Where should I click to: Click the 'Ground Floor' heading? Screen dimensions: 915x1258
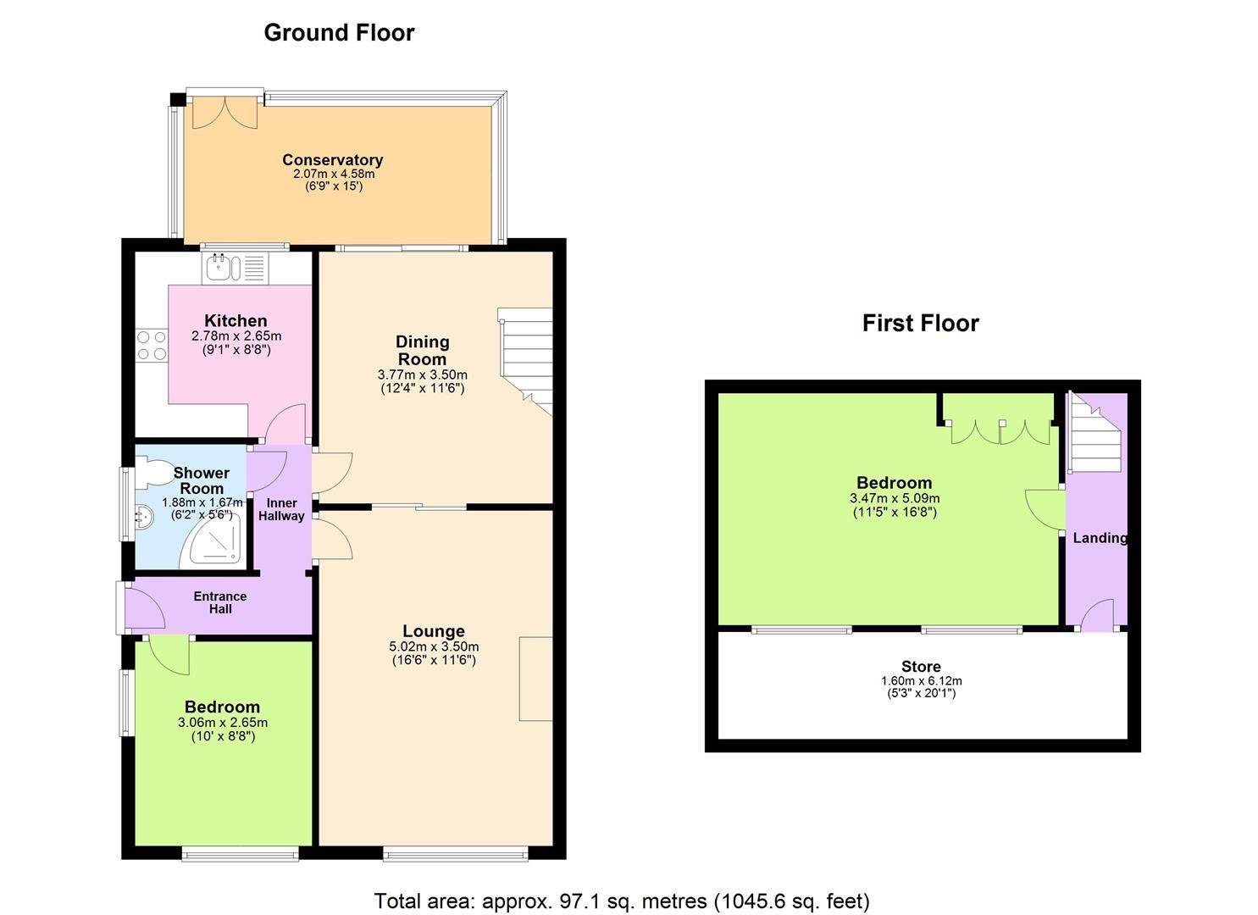point(339,33)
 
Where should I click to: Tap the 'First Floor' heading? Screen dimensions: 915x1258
point(920,323)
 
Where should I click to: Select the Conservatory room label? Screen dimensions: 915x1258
point(332,160)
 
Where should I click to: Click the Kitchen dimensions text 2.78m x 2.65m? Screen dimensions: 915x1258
point(236,336)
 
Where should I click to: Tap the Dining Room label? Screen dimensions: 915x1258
point(422,350)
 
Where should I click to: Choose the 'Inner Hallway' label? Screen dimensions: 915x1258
point(281,509)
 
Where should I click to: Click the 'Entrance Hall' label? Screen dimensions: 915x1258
point(219,602)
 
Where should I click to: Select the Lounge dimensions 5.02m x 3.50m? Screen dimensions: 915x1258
point(434,646)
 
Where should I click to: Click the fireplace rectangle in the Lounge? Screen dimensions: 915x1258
point(535,679)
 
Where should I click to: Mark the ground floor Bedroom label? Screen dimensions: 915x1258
point(222,707)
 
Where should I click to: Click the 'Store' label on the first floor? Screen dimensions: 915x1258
point(921,667)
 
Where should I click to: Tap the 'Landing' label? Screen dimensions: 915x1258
point(1100,538)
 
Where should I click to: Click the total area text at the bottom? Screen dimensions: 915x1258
point(622,901)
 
